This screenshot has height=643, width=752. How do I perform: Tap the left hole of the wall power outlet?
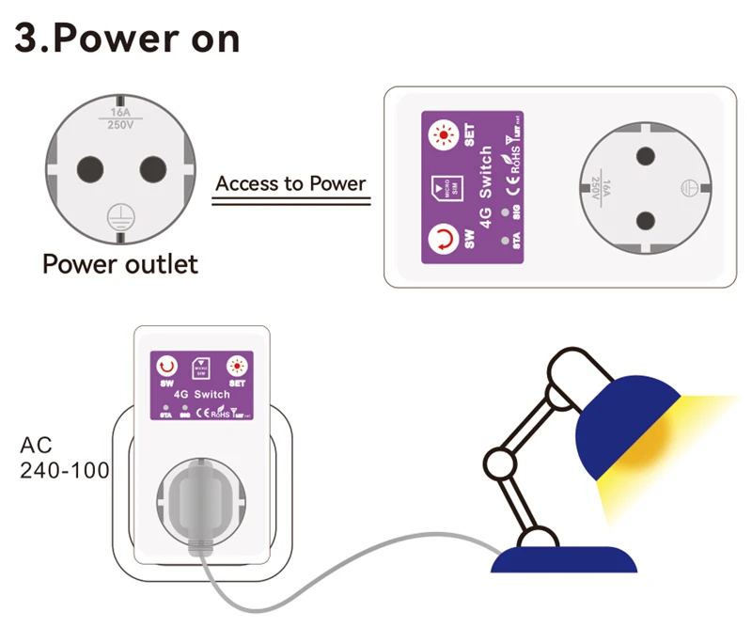click(89, 168)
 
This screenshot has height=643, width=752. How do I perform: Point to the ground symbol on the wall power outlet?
click(120, 214)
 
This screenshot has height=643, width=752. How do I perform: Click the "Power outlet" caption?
click(120, 263)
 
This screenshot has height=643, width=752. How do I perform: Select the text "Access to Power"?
click(290, 182)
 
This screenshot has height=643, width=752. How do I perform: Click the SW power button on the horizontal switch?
click(443, 238)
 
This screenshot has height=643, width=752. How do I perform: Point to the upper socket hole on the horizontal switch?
click(645, 153)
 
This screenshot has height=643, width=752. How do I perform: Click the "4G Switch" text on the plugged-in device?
click(201, 395)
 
